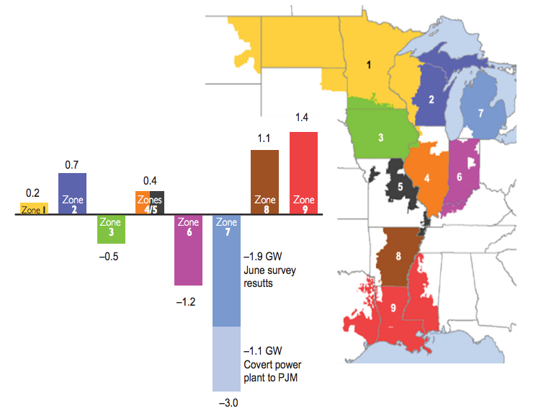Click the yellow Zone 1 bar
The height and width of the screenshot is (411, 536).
pyautogui.click(x=34, y=209)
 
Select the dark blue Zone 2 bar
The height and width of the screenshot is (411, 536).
pyautogui.click(x=72, y=193)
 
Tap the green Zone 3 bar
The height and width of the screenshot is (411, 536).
pyautogui.click(x=111, y=229)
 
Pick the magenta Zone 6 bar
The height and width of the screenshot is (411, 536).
pyautogui.click(x=188, y=249)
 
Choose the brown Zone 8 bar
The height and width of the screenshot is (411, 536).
pyautogui.click(x=264, y=182)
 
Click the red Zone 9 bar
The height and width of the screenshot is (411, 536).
pyautogui.click(x=303, y=173)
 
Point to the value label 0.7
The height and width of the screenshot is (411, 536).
pyautogui.click(x=72, y=165)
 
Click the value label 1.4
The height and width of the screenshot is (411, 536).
pyautogui.click(x=303, y=117)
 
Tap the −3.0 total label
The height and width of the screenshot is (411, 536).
pyautogui.click(x=227, y=402)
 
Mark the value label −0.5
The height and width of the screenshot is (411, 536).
pyautogui.click(x=111, y=257)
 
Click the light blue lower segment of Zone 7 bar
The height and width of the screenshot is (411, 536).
pyautogui.click(x=227, y=358)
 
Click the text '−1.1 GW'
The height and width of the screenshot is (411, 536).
pyautogui.click(x=264, y=351)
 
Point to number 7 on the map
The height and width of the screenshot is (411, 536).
pyautogui.click(x=480, y=112)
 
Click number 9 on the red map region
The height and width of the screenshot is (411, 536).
pyautogui.click(x=392, y=307)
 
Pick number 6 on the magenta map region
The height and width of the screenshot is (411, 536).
pyautogui.click(x=459, y=176)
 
